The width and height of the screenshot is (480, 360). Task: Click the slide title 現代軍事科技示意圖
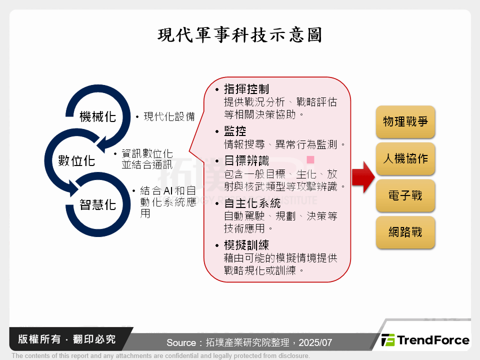[x=240, y=35]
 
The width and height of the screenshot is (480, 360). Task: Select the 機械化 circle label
[x=98, y=116]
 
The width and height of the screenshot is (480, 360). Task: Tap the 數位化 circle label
[x=76, y=160]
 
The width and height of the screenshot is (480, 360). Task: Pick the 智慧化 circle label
[x=98, y=204]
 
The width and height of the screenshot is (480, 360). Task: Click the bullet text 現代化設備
[x=169, y=116]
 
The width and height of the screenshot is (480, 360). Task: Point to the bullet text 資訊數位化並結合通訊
[x=147, y=158]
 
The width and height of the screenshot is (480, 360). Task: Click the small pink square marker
[x=310, y=160]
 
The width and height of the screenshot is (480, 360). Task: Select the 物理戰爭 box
[x=405, y=121]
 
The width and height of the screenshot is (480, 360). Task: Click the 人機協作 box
[x=405, y=158]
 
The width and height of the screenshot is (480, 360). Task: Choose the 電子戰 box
[x=405, y=195]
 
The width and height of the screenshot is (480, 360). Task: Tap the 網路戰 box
[x=405, y=232]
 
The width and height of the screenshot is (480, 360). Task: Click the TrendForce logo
[x=425, y=340]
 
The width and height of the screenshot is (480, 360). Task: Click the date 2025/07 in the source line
[x=315, y=343]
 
